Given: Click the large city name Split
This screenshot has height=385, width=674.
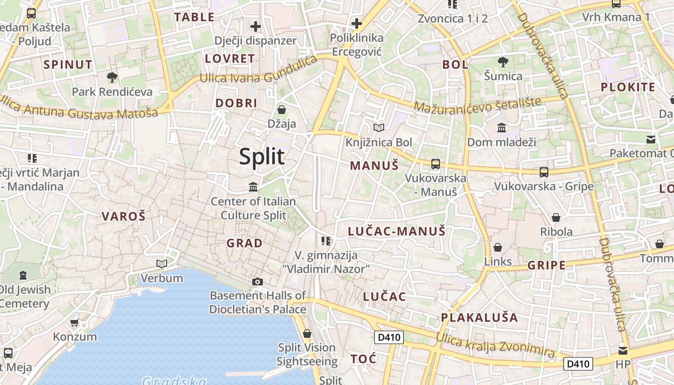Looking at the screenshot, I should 262,157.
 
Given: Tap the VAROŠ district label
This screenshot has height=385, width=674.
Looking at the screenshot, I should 123,217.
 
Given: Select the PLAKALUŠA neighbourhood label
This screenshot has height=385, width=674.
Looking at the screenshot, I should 480,318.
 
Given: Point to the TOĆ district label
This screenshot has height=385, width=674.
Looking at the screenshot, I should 363,359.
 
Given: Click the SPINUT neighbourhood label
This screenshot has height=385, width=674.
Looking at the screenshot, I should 68,64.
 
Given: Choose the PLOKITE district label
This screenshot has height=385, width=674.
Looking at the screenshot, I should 628,87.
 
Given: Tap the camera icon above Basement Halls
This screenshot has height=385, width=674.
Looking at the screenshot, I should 258,282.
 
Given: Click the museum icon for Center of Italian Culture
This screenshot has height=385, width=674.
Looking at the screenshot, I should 253,186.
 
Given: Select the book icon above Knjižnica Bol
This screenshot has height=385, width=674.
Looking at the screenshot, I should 379,128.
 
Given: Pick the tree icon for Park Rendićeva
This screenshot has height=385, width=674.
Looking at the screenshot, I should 112,77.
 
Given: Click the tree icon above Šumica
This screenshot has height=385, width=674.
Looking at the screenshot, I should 503,62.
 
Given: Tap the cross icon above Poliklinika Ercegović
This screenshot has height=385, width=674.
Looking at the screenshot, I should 356,23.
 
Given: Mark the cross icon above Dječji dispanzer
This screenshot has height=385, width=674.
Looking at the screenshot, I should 255,26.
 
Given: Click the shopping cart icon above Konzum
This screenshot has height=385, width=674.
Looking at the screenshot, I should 75,322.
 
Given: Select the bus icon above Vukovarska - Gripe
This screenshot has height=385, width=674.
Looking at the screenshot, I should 544,172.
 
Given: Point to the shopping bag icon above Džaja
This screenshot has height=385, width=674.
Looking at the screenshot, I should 282,110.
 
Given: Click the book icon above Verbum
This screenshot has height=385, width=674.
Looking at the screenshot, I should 162,264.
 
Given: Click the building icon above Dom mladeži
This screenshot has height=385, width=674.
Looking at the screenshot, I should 502,128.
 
